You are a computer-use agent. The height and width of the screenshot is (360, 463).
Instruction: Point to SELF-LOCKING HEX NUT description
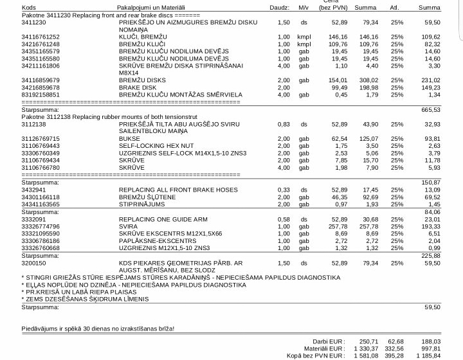(x=150, y=146)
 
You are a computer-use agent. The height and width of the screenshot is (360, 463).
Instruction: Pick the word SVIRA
(x=128, y=226)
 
